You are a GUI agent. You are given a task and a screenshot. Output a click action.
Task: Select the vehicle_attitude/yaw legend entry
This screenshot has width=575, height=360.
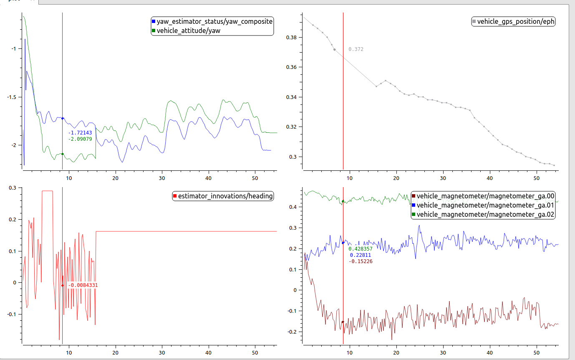tap(188, 30)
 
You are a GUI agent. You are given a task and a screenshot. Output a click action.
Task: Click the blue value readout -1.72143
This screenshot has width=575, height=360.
tap(80, 133)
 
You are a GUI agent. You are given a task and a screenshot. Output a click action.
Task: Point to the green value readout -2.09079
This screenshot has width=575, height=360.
tap(80, 139)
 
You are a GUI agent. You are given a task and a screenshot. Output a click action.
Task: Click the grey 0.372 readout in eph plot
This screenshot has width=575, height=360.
tap(356, 49)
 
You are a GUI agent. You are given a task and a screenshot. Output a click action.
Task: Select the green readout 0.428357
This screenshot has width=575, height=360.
tap(361, 249)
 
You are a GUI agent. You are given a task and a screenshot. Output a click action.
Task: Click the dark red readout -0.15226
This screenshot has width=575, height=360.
tap(361, 261)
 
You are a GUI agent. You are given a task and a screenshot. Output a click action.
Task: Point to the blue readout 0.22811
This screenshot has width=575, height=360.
tap(360, 255)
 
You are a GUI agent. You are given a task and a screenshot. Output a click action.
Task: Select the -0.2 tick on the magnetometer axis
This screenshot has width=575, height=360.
tap(293, 332)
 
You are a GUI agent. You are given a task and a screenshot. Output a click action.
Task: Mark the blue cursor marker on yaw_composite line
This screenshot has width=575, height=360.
tap(63, 119)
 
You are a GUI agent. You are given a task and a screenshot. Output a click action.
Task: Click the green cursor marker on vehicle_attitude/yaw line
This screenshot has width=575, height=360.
tap(63, 154)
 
